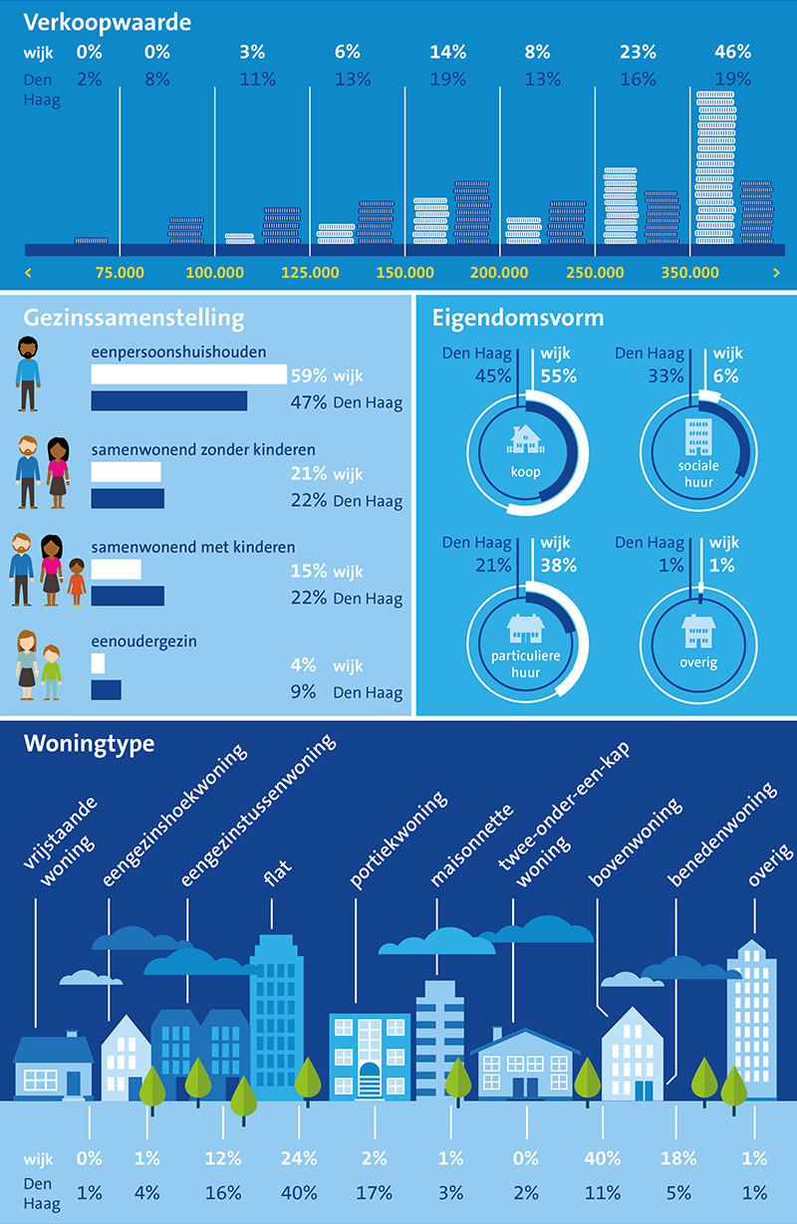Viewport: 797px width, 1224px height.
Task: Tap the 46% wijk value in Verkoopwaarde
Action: tap(732, 53)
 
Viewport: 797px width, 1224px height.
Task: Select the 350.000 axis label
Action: tap(690, 272)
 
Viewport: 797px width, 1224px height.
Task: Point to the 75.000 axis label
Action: tap(120, 272)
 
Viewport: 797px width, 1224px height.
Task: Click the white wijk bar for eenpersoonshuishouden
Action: tap(188, 374)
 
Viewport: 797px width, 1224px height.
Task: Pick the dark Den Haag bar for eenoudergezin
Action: tap(106, 689)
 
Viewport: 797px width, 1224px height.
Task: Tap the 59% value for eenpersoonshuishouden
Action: tap(308, 375)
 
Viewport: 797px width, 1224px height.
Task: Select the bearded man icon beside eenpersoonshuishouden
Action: tap(28, 373)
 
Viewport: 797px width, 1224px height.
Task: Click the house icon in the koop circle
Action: tap(525, 439)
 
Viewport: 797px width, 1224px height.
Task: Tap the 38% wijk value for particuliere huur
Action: tap(558, 565)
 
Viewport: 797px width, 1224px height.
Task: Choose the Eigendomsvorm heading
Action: tap(518, 319)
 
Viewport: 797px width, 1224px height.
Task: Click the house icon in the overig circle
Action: tap(697, 632)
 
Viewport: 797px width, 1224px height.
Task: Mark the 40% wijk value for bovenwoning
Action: tap(602, 1158)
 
